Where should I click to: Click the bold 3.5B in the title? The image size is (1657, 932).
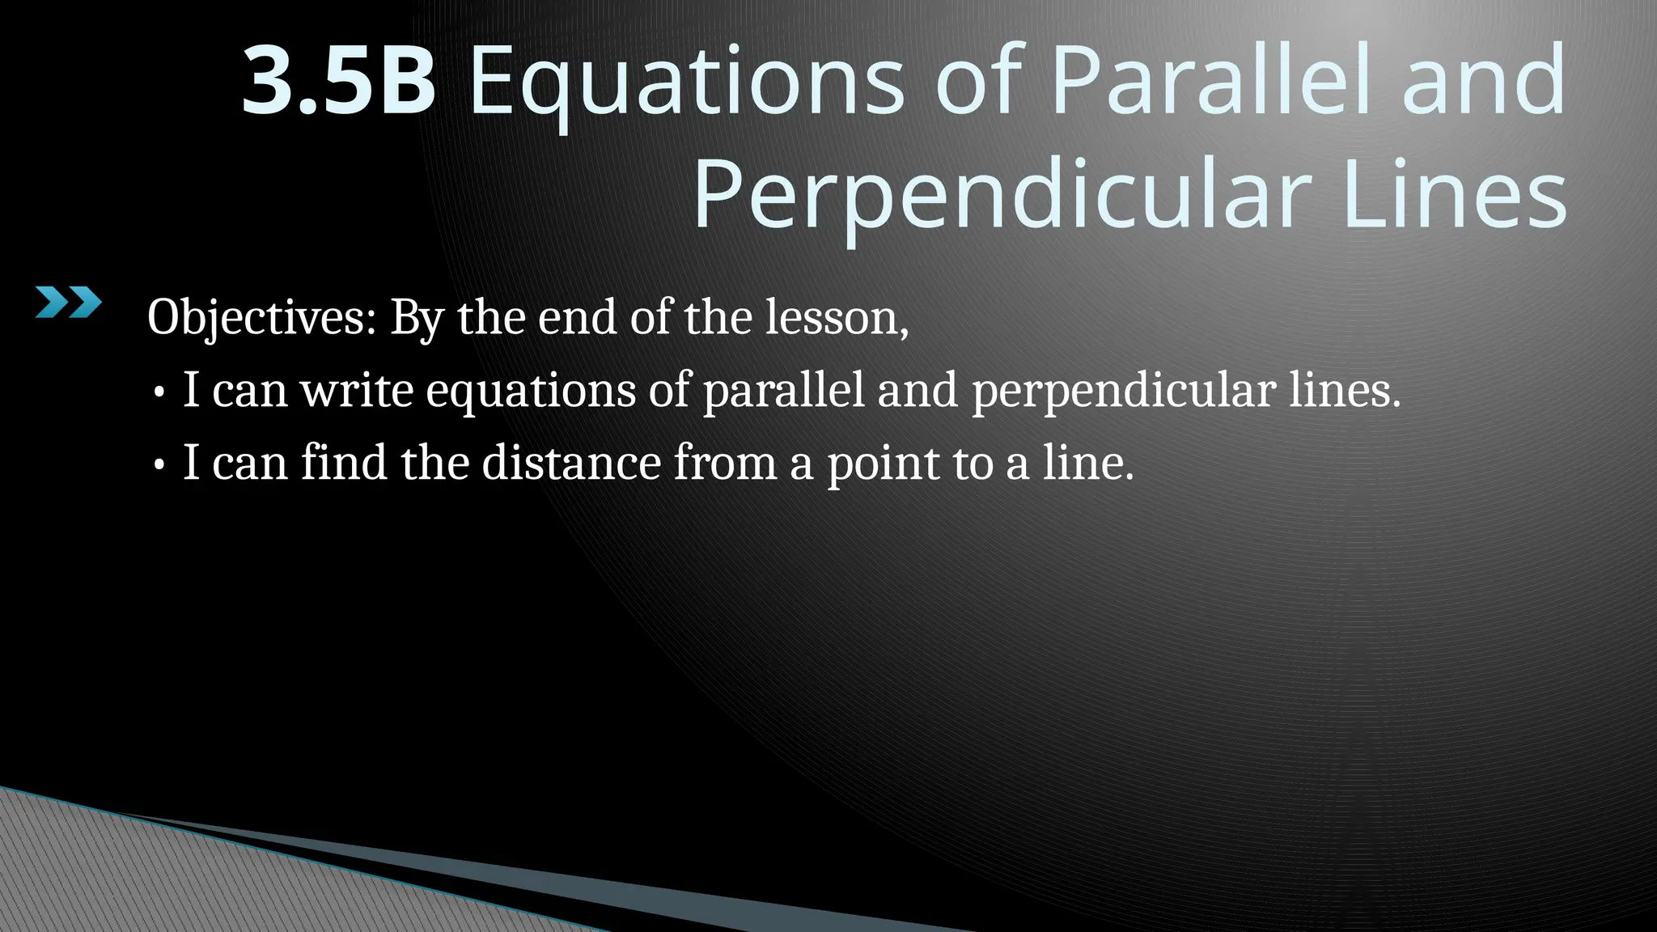pyautogui.click(x=339, y=81)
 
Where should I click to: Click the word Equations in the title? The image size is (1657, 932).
pyautogui.click(x=685, y=81)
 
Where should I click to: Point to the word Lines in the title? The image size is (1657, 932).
pyautogui.click(x=1454, y=196)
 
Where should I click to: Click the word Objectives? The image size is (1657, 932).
pyautogui.click(x=261, y=317)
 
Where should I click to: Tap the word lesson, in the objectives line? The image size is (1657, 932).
pyautogui.click(x=837, y=317)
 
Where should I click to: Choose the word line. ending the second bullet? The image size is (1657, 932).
pyautogui.click(x=1088, y=463)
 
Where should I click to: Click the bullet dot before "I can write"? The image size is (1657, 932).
pyautogui.click(x=159, y=393)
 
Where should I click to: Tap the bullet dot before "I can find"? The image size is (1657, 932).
pyautogui.click(x=159, y=466)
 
